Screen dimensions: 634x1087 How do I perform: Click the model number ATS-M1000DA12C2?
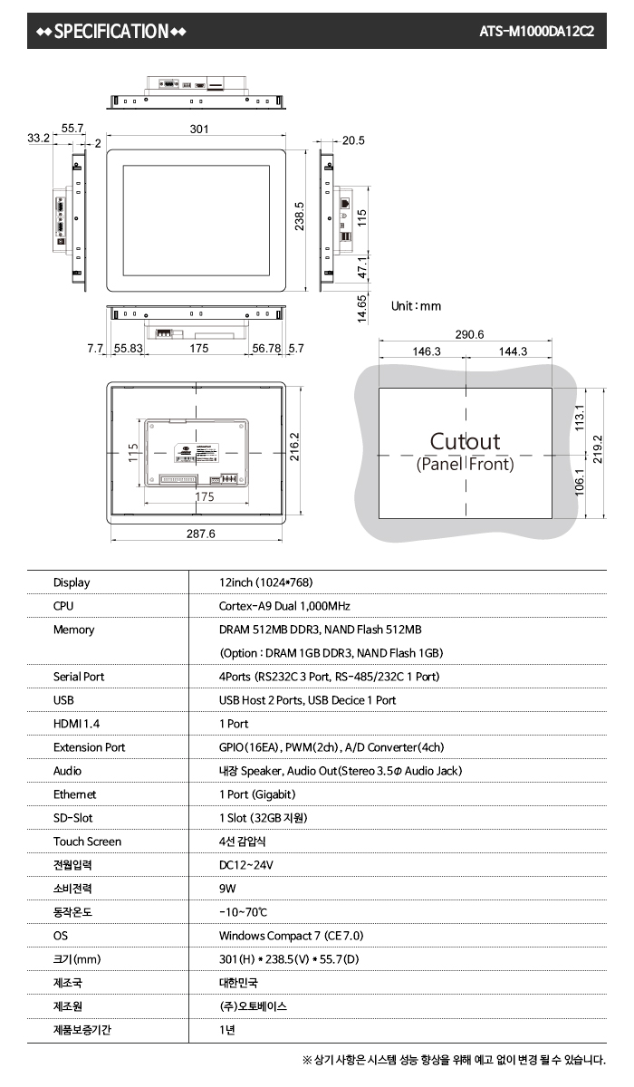(x=536, y=32)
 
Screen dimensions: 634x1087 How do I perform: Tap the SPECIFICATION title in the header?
(x=111, y=32)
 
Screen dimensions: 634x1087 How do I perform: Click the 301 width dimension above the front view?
(x=199, y=129)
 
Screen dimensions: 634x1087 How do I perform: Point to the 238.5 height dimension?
(x=299, y=216)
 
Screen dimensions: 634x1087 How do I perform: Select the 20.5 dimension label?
(x=353, y=140)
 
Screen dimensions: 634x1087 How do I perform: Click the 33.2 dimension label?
(x=38, y=139)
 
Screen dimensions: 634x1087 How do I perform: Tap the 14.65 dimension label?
(x=362, y=309)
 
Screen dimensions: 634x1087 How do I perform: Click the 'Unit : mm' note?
(x=417, y=306)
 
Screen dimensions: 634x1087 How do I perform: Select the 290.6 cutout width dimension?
(x=469, y=334)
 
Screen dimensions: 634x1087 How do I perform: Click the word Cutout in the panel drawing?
(x=465, y=442)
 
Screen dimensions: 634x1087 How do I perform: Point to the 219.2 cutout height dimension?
(x=598, y=449)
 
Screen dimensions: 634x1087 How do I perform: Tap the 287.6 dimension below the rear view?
(x=201, y=534)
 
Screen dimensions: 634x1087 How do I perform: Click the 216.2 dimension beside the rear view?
(x=294, y=447)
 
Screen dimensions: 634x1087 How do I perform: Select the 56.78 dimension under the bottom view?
(x=266, y=349)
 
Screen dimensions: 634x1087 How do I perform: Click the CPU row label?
(x=63, y=606)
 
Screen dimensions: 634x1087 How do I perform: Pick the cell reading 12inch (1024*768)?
(x=265, y=582)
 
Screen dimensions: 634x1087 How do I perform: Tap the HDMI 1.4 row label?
(x=77, y=724)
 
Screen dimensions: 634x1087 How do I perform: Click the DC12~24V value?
(x=246, y=865)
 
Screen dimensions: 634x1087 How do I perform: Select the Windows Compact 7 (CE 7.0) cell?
(x=291, y=936)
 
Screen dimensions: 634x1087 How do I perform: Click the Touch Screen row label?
(x=87, y=842)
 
